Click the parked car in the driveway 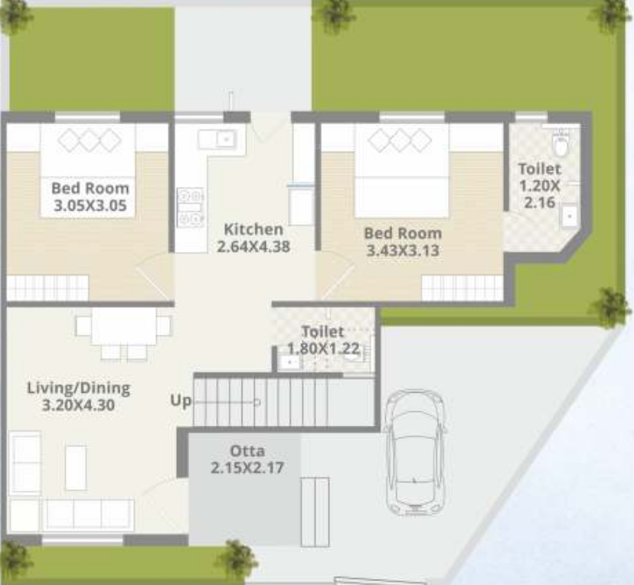(x=415, y=453)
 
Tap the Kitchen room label (x=253, y=229)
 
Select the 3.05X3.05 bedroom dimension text (x=90, y=205)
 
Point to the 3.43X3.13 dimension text (x=402, y=250)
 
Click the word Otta (x=247, y=451)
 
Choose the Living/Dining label (x=79, y=388)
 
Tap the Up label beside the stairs (x=181, y=401)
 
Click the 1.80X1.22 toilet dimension (x=323, y=348)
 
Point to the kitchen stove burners (x=190, y=207)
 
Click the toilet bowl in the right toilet (x=560, y=145)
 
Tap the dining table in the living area (x=124, y=326)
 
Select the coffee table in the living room (x=76, y=467)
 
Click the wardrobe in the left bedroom (x=47, y=288)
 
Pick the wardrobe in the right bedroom (x=462, y=288)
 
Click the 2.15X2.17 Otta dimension (x=247, y=468)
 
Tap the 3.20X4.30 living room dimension (x=78, y=405)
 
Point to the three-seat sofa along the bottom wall (x=89, y=515)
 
